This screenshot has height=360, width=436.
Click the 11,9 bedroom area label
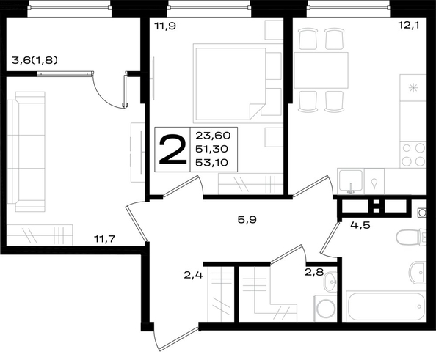[165, 26]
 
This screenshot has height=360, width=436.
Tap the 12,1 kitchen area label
[408, 25]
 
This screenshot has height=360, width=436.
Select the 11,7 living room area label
[104, 238]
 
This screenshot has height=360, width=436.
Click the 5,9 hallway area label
[247, 220]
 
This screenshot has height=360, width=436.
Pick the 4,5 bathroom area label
[360, 225]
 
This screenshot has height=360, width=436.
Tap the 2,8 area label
[314, 272]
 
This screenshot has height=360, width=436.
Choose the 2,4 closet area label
[194, 275]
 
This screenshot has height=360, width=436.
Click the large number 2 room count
[172, 149]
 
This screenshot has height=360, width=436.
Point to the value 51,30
[211, 149]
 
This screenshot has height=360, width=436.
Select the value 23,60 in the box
[213, 136]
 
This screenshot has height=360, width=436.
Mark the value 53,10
[211, 163]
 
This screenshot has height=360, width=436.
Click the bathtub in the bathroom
[386, 306]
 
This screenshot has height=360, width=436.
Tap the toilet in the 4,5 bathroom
[411, 238]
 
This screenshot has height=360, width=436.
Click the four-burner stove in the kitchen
[413, 155]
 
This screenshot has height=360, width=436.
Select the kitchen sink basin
[351, 181]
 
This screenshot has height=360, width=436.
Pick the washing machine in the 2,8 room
[325, 309]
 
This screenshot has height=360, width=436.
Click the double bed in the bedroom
[230, 84]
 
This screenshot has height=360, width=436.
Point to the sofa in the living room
[26, 152]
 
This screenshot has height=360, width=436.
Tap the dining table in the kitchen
[321, 70]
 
